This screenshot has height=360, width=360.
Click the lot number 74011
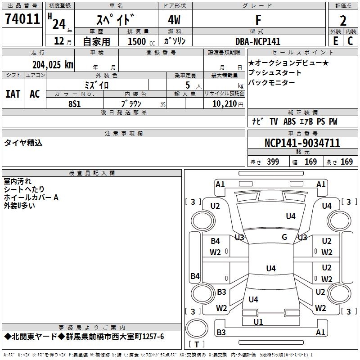(22, 18)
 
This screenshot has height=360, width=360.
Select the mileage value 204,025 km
(53, 65)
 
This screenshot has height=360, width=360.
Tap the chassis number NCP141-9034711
(302, 143)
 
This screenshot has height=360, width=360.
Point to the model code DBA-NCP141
(258, 41)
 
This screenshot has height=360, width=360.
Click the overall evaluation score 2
(343, 21)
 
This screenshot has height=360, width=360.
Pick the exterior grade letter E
(336, 41)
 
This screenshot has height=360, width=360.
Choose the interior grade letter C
(350, 41)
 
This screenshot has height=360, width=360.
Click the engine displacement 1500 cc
(141, 41)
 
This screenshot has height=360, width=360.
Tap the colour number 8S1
(75, 104)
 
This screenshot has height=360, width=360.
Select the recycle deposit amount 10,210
(224, 104)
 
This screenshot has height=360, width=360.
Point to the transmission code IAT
(13, 94)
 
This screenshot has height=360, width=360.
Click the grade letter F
(258, 20)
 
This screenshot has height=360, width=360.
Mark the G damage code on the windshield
(284, 237)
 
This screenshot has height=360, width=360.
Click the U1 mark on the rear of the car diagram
(258, 322)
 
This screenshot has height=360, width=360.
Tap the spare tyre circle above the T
(197, 328)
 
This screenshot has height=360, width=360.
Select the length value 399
(273, 162)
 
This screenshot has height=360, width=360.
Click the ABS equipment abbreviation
(289, 121)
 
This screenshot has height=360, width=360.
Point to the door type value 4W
(174, 20)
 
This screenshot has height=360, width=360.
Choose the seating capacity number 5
(188, 85)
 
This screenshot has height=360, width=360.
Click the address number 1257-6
(153, 337)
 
